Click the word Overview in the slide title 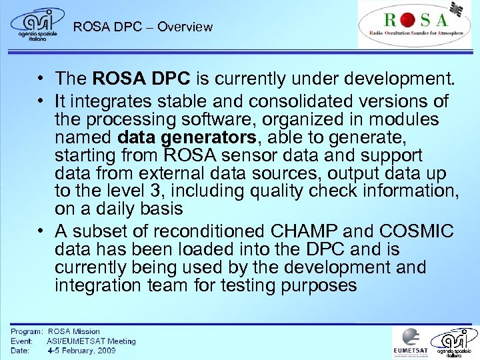coord(185,27)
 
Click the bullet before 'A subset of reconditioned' coord(41,231)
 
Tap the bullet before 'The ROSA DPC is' coord(41,79)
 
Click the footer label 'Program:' coord(27,331)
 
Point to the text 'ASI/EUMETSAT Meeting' coord(91,341)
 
